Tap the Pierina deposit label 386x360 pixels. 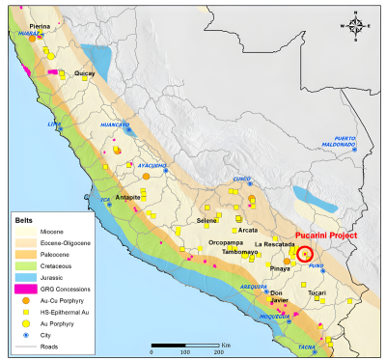(39, 27)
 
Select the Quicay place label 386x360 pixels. (85, 72)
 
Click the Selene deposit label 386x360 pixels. (207, 221)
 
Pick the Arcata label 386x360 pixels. (250, 230)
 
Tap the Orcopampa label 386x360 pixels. (231, 242)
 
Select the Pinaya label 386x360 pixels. (280, 267)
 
